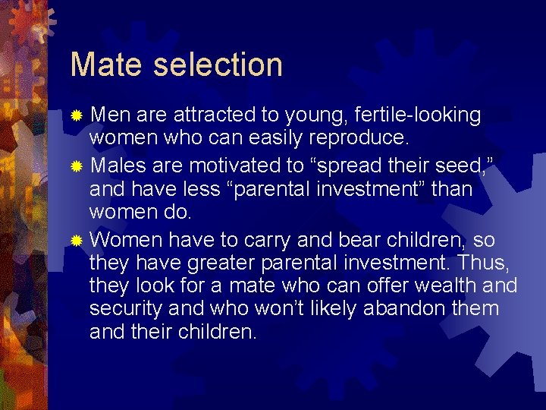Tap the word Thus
click(492, 263)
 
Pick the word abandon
click(405, 309)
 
